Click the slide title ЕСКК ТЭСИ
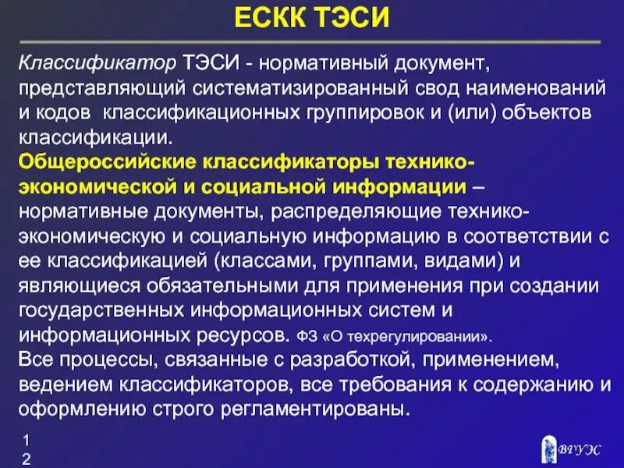tap(311, 17)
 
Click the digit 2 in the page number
tap(26, 459)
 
